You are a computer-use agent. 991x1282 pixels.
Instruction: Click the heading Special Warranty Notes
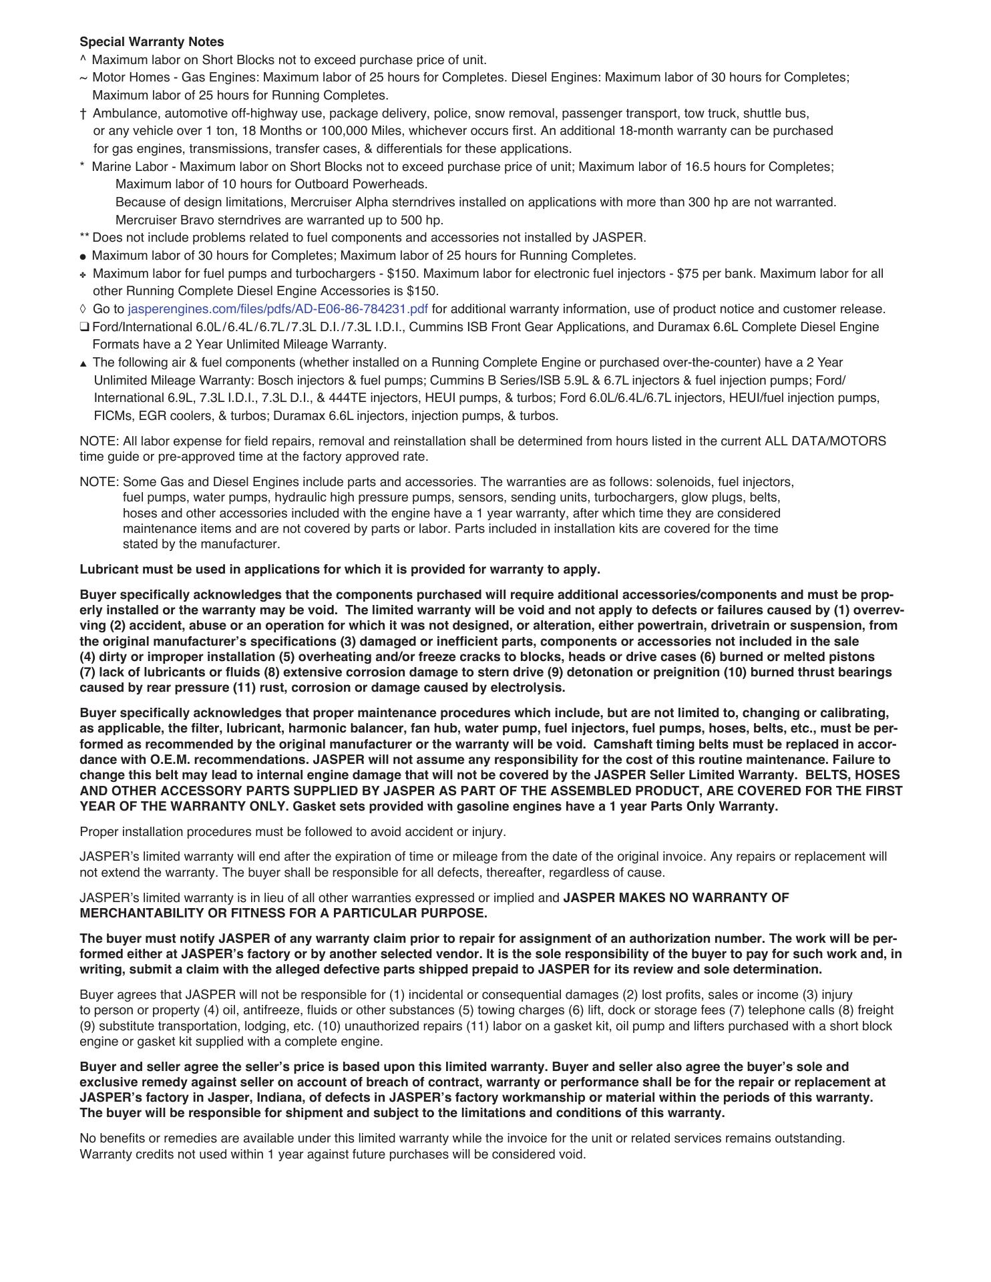[152, 42]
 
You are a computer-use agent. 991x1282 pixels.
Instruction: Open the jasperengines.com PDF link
[277, 309]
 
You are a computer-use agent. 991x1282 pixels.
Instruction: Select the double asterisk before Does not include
[84, 237]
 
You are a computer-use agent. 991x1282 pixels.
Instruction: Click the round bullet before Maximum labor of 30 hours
[83, 256]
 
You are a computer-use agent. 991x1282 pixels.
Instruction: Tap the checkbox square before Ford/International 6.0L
[84, 327]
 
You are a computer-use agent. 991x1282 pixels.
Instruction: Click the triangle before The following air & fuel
[83, 363]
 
